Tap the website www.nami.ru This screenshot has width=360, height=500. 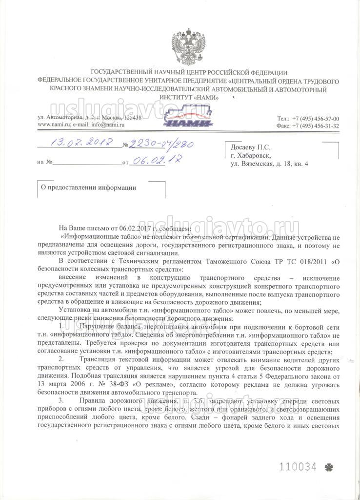click(54, 125)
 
